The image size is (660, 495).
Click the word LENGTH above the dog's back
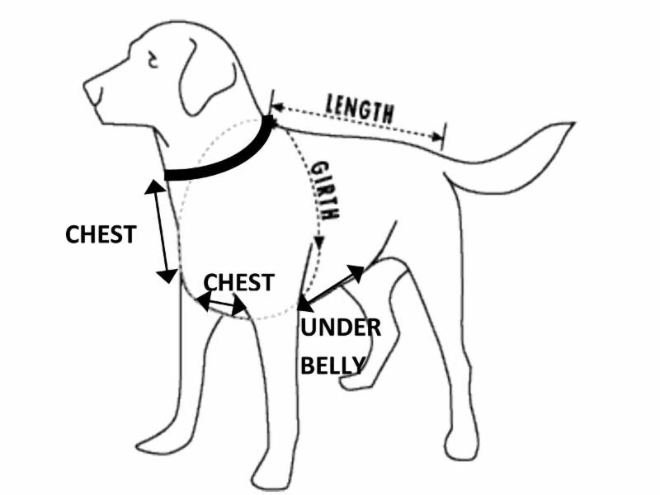(360, 107)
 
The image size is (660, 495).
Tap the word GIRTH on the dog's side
(324, 190)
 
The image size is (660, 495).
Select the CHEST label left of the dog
(100, 234)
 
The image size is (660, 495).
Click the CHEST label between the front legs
(238, 282)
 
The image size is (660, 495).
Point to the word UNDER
(340, 328)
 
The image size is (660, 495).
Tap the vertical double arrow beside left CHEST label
(161, 231)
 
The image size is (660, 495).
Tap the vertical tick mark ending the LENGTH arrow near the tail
(444, 135)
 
